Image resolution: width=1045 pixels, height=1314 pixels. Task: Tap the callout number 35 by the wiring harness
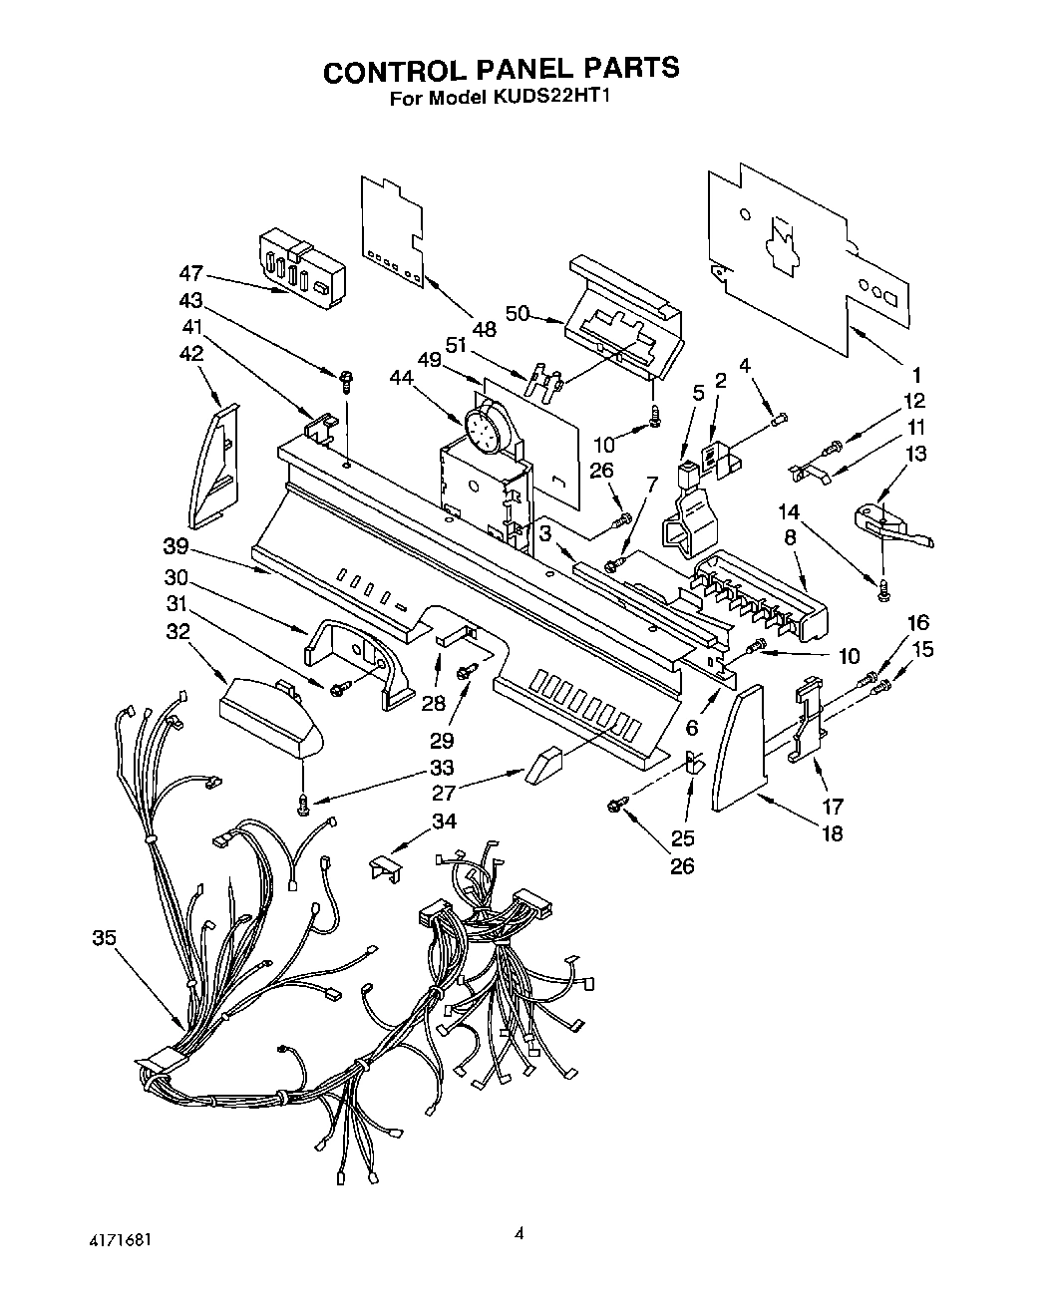[103, 937]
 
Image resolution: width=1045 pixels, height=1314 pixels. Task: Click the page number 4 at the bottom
[519, 1234]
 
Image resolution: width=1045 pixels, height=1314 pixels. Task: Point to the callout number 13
[915, 454]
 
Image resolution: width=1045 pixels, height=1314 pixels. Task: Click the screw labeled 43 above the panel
[347, 379]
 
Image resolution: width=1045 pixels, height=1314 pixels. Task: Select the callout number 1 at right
[915, 377]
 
